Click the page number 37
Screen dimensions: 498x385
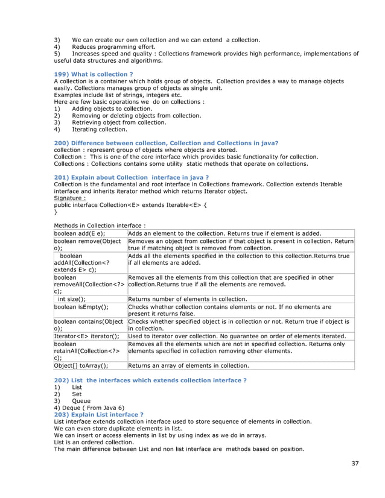point(355,463)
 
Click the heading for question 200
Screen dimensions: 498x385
point(166,143)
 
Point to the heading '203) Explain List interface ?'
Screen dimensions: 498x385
point(98,415)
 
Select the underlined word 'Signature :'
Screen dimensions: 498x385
point(70,197)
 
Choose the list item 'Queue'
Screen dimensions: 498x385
point(81,400)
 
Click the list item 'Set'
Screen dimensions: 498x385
point(77,394)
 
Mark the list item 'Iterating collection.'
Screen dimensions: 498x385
point(100,129)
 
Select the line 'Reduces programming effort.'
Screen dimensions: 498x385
point(113,46)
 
